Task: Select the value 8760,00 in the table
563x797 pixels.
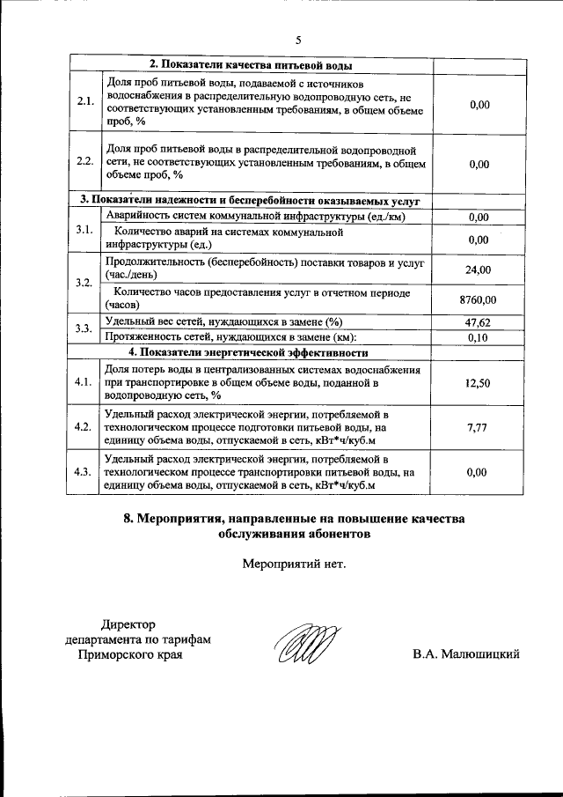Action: point(478,300)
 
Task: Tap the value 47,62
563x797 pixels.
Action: point(478,322)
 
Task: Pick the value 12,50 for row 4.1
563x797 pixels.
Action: point(478,382)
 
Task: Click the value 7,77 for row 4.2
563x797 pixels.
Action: point(478,427)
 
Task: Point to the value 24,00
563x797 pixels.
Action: point(478,270)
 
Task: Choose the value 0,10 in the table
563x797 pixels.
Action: point(478,337)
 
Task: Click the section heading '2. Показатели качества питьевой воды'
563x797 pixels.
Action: point(251,66)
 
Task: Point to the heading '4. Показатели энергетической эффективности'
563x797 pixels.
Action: point(248,352)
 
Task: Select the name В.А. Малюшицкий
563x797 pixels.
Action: point(466,653)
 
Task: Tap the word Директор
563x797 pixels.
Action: point(128,624)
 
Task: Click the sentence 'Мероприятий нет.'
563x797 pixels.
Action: point(294,564)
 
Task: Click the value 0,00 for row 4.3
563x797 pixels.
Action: point(478,472)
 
